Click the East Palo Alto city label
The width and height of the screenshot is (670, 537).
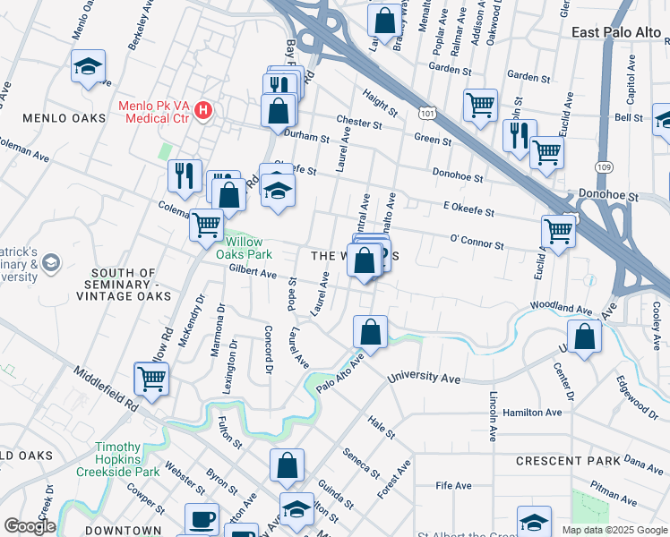coord(615,31)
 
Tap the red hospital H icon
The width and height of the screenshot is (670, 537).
coord(204,111)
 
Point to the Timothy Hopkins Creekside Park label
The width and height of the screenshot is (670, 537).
coord(129,459)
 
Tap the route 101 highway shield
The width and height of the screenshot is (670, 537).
coord(426,111)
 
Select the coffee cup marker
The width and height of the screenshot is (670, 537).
coord(202,518)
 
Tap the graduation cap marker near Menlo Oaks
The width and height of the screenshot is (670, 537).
coord(88,66)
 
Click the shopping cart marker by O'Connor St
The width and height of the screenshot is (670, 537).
coord(558,230)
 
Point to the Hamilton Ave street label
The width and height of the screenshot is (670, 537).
coord(535,413)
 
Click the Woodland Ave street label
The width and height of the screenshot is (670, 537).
coord(562,307)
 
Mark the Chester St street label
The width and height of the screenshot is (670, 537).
coord(359,121)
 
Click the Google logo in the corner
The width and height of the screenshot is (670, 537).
coord(29,526)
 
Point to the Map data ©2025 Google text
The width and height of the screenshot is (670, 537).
coord(614,530)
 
